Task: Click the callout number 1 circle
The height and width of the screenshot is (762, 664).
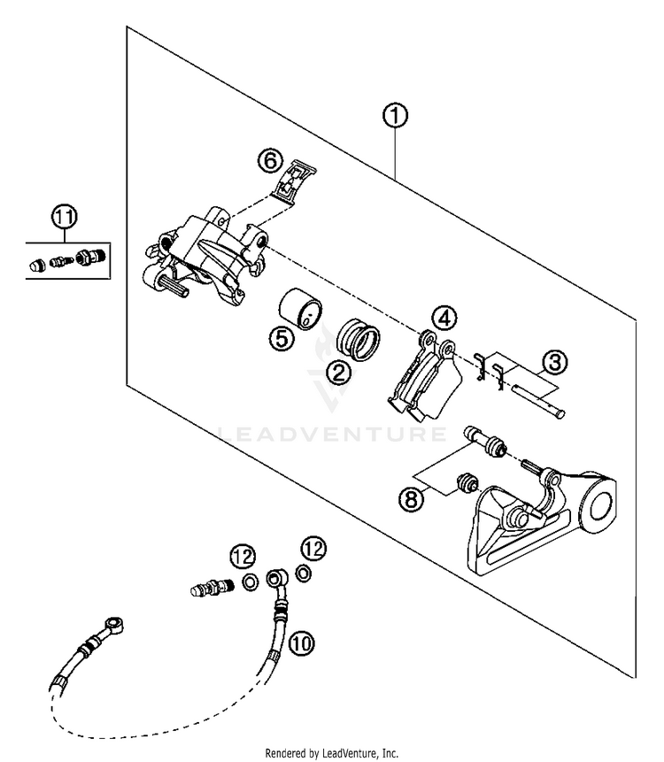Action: click(394, 115)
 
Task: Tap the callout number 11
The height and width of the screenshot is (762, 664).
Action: click(63, 217)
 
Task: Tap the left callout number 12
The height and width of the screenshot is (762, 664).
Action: click(243, 557)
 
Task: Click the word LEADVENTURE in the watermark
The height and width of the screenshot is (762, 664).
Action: click(332, 434)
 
